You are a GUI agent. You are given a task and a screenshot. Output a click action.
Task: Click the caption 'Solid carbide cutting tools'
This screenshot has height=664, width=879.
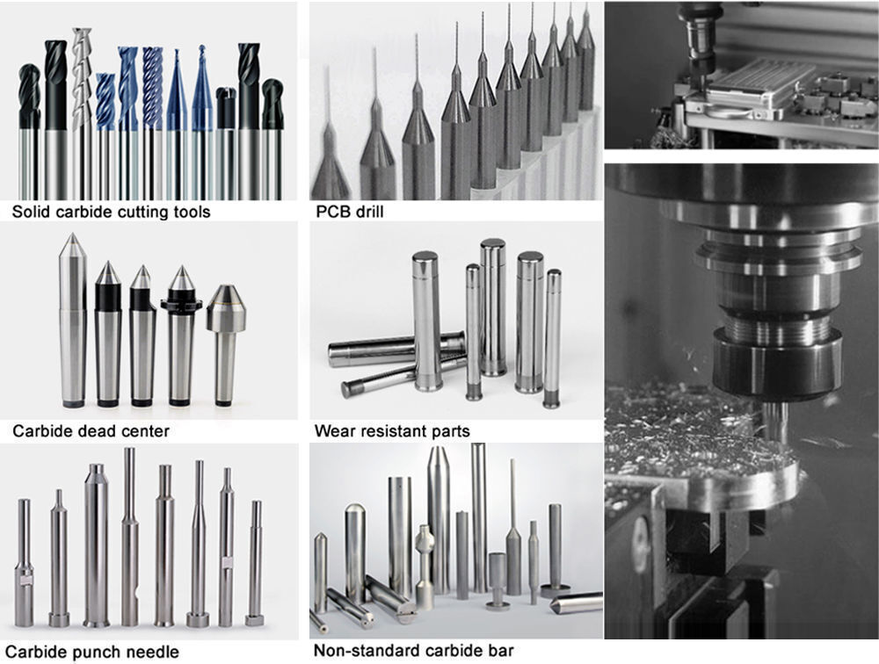(111, 213)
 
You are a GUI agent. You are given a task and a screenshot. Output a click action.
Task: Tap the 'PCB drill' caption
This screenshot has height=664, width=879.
(350, 213)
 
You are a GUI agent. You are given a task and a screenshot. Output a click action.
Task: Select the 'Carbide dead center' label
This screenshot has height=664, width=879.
(91, 431)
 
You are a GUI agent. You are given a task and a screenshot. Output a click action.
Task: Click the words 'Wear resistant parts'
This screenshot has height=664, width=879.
(392, 431)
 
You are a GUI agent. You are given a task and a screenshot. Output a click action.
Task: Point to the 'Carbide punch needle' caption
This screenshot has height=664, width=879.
(96, 652)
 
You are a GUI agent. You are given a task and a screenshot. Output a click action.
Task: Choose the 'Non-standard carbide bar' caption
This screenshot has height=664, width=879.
(414, 652)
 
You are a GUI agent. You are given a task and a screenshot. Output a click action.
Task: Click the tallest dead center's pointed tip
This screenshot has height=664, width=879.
(69, 242)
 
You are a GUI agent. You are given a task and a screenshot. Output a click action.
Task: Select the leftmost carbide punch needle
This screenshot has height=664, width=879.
(24, 562)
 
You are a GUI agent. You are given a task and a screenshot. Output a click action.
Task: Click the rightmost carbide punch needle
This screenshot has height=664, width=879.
(256, 562)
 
